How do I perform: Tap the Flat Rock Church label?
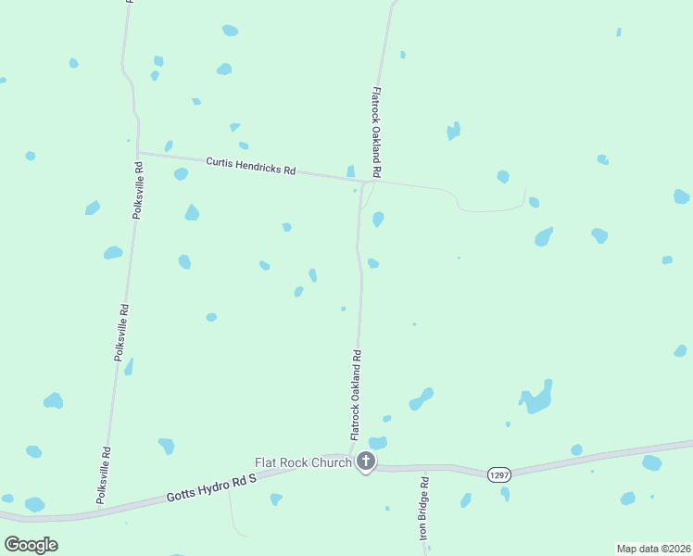click(x=303, y=462)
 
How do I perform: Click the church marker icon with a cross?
click(x=366, y=461)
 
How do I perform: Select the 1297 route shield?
click(x=499, y=474)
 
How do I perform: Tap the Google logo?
click(x=31, y=544)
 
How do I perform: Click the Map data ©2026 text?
click(x=653, y=548)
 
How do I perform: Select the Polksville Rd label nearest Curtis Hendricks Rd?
click(x=137, y=191)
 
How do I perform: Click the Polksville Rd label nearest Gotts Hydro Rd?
click(x=105, y=475)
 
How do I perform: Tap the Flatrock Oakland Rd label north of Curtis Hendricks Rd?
click(x=376, y=133)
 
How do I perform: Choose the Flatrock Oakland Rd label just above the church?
click(x=355, y=394)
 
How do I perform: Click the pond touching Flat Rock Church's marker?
click(x=377, y=443)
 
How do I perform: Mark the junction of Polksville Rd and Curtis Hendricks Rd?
click(x=137, y=153)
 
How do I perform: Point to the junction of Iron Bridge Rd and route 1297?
click(x=426, y=468)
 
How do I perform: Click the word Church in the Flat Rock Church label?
click(x=332, y=462)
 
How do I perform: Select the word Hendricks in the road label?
click(x=262, y=169)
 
